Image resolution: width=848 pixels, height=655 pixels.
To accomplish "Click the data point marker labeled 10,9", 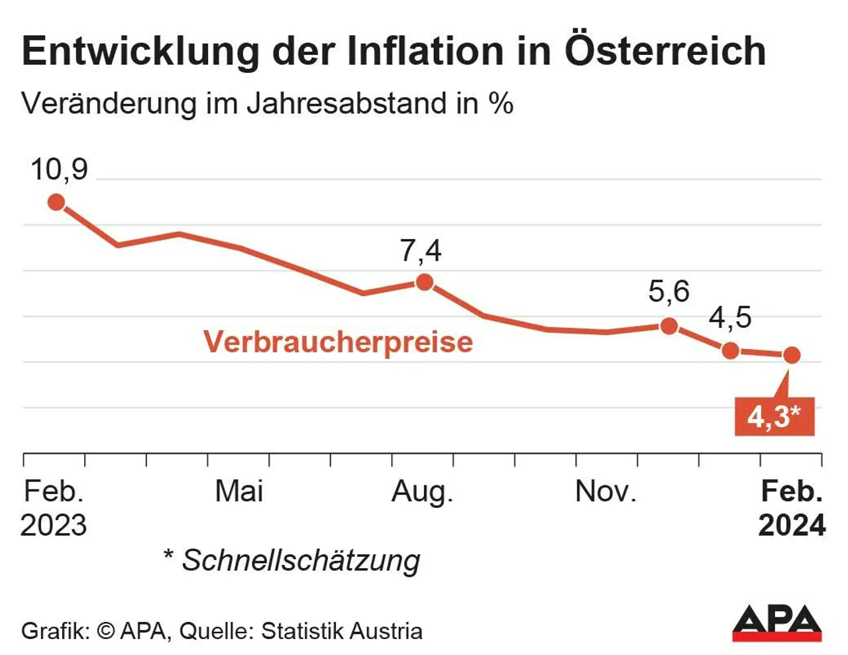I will (x=56, y=202).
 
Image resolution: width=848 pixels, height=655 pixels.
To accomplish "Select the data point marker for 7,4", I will (x=424, y=283).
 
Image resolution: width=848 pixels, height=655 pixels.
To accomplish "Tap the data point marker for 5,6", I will (x=669, y=325).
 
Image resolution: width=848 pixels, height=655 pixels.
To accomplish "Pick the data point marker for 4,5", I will (x=730, y=350).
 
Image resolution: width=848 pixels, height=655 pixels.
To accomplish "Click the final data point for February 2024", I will (x=792, y=355).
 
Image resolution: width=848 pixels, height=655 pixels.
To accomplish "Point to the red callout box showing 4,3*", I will (x=774, y=416).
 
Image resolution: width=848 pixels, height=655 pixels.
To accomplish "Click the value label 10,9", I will (x=59, y=170).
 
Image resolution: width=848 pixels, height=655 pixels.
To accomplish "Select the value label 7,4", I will (x=421, y=251).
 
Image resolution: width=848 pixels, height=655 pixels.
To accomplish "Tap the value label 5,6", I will (x=668, y=291).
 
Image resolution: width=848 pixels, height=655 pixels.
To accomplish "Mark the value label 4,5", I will (x=730, y=318).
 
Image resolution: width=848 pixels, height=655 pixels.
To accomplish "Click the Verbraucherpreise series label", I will (x=338, y=342).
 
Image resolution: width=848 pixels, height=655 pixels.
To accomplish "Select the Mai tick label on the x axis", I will (x=239, y=491).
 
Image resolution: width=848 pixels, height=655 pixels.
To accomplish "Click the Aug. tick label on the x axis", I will (x=422, y=491).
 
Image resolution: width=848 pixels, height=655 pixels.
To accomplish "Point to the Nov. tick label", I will (x=606, y=491).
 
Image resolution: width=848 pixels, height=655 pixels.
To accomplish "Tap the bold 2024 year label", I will (x=792, y=525).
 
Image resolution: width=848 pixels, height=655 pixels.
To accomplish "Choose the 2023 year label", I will (x=54, y=525).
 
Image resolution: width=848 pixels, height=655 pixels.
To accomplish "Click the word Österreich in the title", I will (x=665, y=51).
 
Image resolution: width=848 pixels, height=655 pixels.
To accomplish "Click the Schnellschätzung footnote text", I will (x=300, y=560).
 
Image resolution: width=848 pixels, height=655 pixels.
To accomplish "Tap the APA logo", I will (x=776, y=623).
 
